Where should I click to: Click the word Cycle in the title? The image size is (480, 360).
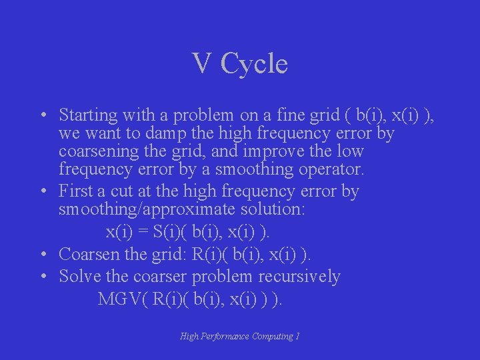(x=254, y=64)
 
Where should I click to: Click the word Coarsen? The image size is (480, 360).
(x=88, y=255)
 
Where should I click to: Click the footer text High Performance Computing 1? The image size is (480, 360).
(x=240, y=337)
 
